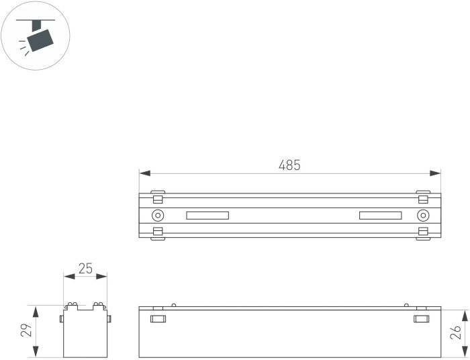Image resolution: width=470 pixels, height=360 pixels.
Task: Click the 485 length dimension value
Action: [x=289, y=165]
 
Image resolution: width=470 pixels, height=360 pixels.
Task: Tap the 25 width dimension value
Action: [x=85, y=269]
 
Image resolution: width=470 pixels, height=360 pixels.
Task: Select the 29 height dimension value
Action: [x=27, y=330]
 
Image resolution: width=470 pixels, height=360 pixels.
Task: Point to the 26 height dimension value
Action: [x=456, y=332]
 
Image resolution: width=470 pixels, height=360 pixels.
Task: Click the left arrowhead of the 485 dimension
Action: [x=145, y=173]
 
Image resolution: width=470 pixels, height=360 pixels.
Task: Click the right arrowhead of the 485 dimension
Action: [x=435, y=173]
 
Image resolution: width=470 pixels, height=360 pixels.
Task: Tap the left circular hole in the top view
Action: [x=158, y=215]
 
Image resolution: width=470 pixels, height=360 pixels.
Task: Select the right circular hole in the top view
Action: [x=423, y=215]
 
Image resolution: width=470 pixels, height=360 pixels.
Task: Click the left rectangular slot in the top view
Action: [x=207, y=216]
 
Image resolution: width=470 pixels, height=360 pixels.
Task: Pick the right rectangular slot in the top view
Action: [x=381, y=216]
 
